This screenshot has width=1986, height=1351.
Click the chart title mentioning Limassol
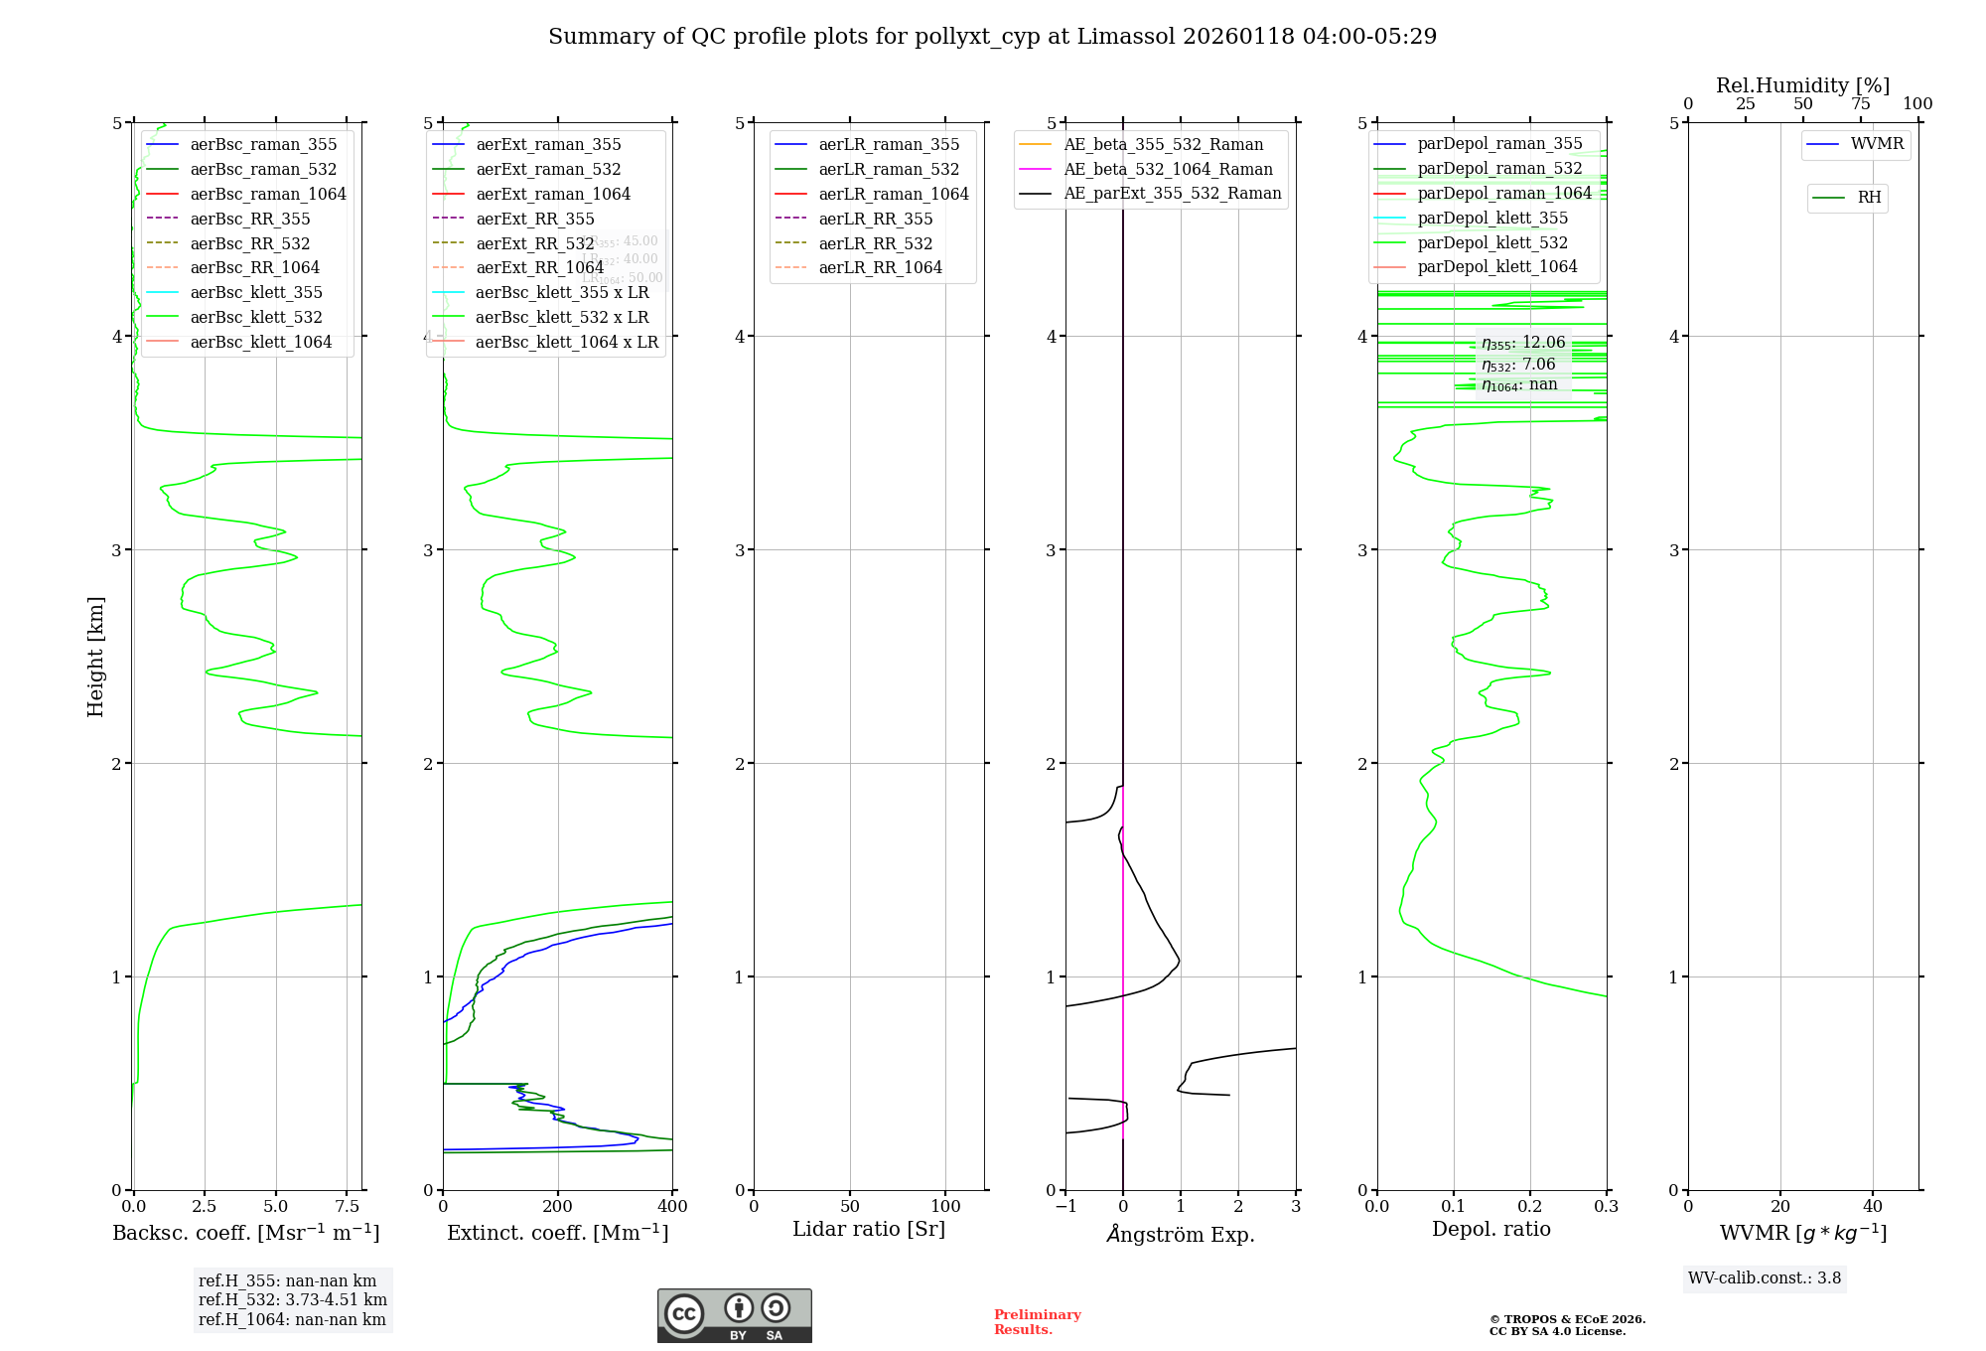(x=992, y=37)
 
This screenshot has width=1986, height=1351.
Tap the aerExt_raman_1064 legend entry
(x=552, y=194)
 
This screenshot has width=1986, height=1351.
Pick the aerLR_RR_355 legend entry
(x=875, y=219)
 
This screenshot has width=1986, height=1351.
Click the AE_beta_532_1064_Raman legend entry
(x=1168, y=169)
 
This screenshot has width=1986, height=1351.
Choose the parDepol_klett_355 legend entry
(x=1492, y=218)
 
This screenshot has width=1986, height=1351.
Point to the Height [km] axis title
(x=95, y=657)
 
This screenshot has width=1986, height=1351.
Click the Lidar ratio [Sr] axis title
(x=869, y=1229)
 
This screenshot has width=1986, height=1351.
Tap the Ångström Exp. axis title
(x=1181, y=1234)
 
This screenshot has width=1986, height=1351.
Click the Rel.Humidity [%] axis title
(x=1802, y=85)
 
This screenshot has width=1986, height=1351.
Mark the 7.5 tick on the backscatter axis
(x=348, y=1206)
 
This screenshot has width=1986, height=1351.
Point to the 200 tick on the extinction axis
(x=558, y=1206)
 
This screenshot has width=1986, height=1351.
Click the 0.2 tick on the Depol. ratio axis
(x=1530, y=1206)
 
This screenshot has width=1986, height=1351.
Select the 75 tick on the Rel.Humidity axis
(x=1860, y=104)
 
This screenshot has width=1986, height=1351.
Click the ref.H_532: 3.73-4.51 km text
(x=293, y=1299)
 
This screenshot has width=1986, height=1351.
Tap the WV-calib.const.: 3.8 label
(x=1765, y=1278)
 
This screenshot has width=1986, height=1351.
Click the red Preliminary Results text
(x=1037, y=1322)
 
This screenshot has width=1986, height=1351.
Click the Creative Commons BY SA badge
(x=734, y=1316)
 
